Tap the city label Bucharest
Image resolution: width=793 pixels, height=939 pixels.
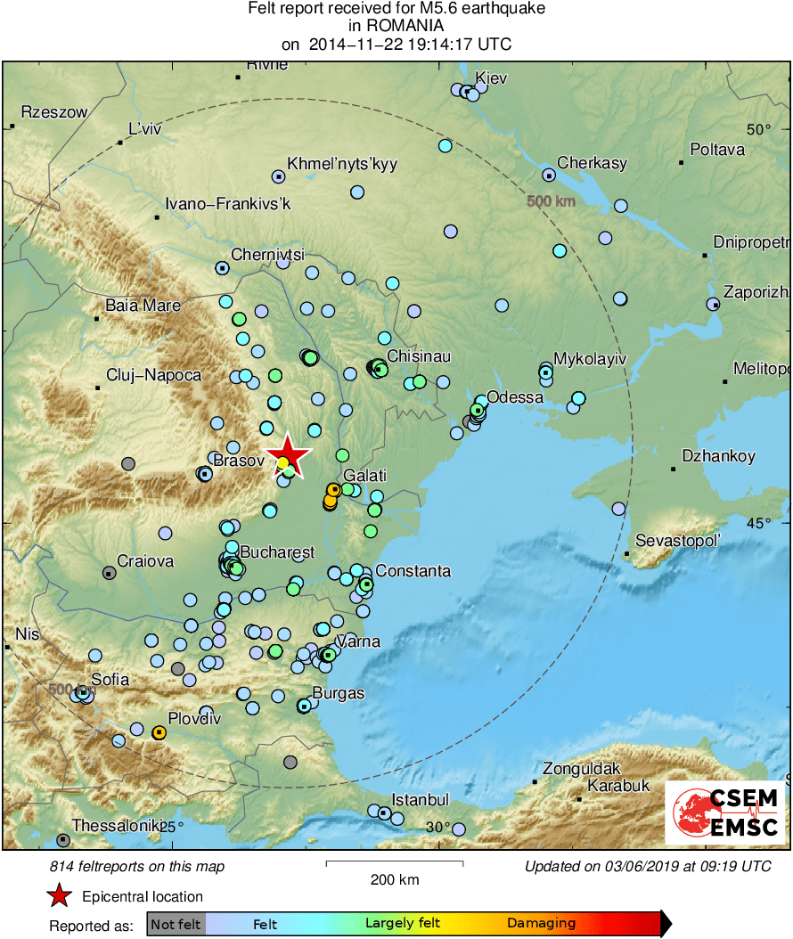[x=277, y=552]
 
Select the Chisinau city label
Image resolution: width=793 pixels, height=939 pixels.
[x=419, y=356]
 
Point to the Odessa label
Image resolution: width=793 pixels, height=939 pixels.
[x=516, y=396]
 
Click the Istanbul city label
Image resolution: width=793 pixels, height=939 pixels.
[x=421, y=800]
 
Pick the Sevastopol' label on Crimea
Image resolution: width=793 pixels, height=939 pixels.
[x=677, y=541]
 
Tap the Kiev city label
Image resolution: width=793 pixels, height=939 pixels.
[x=491, y=78]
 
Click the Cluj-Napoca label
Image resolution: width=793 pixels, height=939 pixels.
[x=153, y=375]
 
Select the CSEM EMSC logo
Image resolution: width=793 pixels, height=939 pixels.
[x=725, y=813]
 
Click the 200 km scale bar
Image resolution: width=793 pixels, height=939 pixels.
[x=395, y=863]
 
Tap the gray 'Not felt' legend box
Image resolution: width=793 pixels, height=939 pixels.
[x=176, y=924]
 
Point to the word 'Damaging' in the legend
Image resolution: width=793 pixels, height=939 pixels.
[x=541, y=924]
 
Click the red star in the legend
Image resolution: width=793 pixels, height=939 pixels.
[x=59, y=896]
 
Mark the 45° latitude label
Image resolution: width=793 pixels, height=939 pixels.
[x=758, y=523]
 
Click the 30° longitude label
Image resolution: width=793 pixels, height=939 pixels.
[x=437, y=828]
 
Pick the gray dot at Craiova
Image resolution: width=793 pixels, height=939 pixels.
[x=109, y=573]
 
